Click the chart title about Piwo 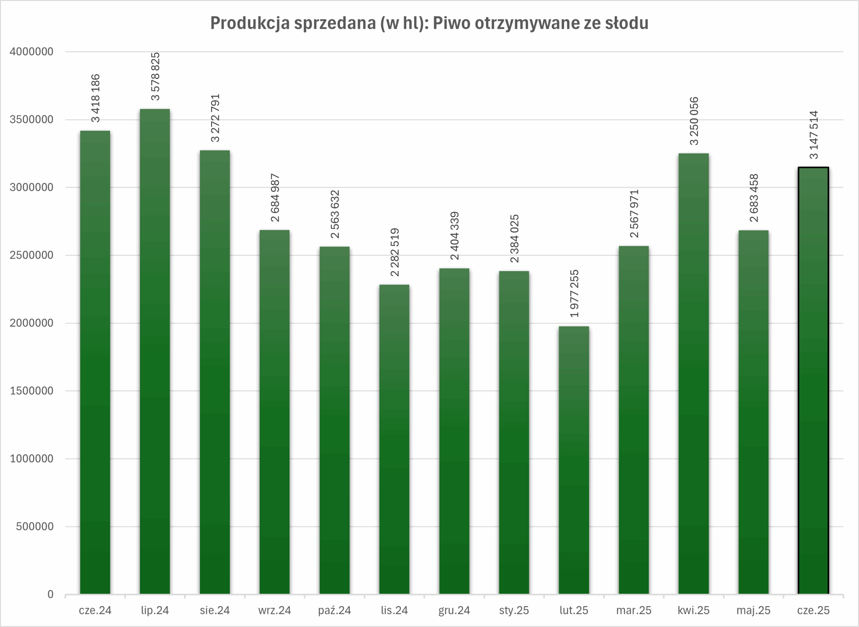(x=429, y=23)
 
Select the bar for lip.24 (x=155, y=351)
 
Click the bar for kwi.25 (x=693, y=373)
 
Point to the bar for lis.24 (x=394, y=439)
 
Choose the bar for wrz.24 (x=274, y=412)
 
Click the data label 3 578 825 (x=155, y=76)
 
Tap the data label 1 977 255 (x=574, y=294)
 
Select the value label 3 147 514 (x=813, y=135)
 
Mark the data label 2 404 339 (x=454, y=236)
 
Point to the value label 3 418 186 (x=95, y=98)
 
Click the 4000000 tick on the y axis (x=32, y=52)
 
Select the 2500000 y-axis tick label (x=32, y=255)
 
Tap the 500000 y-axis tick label (x=35, y=527)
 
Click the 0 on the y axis (x=50, y=594)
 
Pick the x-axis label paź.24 (x=334, y=610)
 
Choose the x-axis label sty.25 (x=514, y=610)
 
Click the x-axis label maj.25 (x=753, y=610)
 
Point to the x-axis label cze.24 (x=95, y=610)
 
